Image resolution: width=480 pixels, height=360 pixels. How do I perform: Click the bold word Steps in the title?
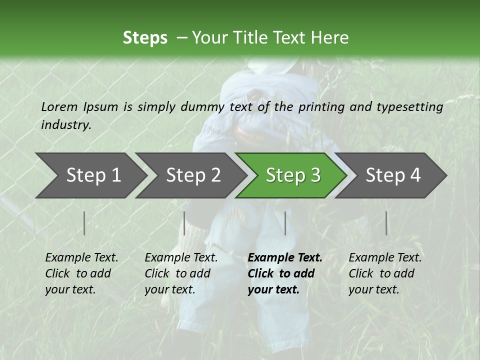pos(145,38)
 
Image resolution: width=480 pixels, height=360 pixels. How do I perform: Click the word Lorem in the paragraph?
pos(59,106)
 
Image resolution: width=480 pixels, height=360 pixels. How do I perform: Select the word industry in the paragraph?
pos(66,125)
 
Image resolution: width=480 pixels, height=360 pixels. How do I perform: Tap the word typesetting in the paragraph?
pos(410,107)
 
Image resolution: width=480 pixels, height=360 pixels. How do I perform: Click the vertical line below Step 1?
pos(84,223)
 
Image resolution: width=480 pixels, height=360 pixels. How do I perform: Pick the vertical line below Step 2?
pos(184,223)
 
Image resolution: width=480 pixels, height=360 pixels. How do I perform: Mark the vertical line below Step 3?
pos(285,223)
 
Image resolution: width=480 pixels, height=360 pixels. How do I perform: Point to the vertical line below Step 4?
pos(386,223)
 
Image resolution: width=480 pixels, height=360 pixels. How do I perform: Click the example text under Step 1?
pos(81,273)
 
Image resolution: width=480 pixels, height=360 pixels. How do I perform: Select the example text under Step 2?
pos(181,273)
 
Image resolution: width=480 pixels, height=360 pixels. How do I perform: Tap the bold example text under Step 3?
pos(285,273)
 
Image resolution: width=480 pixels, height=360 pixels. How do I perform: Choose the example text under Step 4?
pos(385,273)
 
